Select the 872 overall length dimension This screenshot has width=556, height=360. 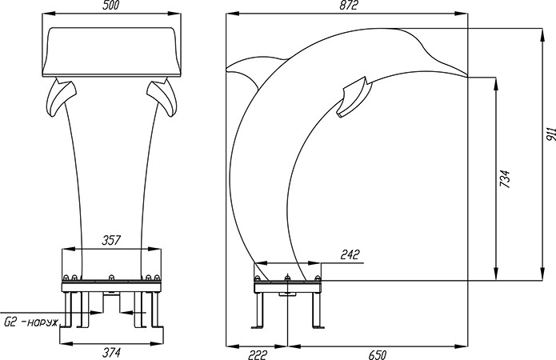[x=348, y=5]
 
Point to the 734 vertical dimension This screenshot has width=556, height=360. [x=505, y=178]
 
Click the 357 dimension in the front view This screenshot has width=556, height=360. [x=111, y=240]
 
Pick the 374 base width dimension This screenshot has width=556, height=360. [x=112, y=353]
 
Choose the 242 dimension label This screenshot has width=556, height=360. [x=350, y=254]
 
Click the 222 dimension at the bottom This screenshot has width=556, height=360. [x=257, y=354]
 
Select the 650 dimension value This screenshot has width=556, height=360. [x=378, y=354]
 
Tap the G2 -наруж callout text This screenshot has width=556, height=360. [x=30, y=322]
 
